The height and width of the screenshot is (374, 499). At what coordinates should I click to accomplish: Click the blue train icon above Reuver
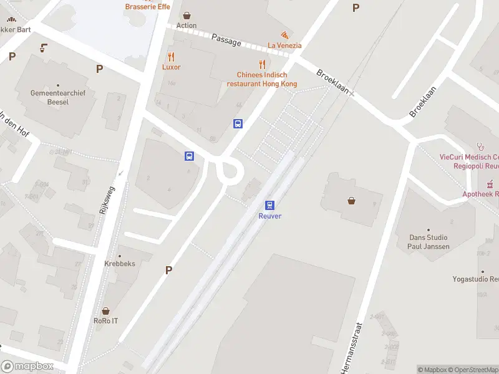270,204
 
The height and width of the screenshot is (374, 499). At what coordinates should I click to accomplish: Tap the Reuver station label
270,216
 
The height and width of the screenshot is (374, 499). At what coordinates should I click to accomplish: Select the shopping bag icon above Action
186,15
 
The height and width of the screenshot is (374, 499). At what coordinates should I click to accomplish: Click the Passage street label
226,40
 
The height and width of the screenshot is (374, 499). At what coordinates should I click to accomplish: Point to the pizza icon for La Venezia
284,35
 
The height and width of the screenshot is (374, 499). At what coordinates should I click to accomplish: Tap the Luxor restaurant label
171,67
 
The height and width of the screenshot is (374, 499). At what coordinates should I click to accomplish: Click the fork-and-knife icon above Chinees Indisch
262,64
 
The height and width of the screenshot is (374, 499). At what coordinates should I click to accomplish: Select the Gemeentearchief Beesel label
57,97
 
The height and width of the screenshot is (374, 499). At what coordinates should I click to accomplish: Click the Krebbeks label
120,264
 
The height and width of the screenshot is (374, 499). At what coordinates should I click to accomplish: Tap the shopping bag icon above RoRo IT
105,310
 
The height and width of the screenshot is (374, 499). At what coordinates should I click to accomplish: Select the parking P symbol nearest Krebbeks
168,270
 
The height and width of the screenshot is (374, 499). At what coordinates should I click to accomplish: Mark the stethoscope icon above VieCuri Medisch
480,146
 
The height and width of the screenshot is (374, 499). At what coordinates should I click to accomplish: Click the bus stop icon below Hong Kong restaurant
238,123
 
